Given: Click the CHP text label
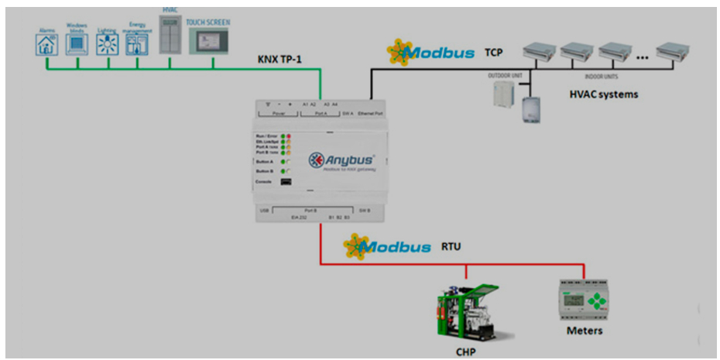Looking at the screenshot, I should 466,351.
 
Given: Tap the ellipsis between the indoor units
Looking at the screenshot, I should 641,57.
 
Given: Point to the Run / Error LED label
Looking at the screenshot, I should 266,135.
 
